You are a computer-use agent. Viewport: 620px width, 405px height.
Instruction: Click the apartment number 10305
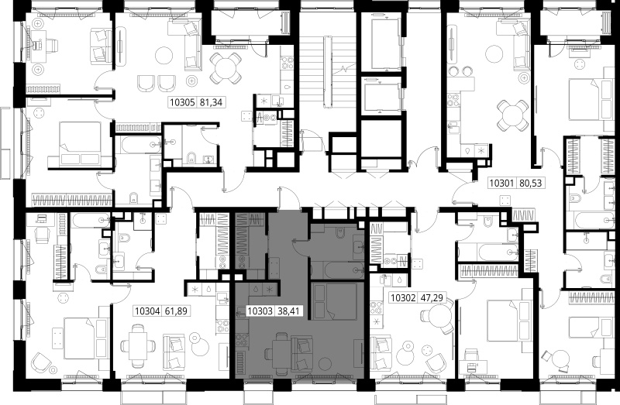182,103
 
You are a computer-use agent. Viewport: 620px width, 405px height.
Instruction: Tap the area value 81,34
211,103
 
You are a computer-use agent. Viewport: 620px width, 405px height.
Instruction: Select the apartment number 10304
147,311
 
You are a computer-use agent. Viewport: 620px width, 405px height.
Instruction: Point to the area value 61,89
176,311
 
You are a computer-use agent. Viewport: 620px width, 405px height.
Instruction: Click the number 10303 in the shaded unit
260,311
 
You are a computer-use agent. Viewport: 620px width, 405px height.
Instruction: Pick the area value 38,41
288,311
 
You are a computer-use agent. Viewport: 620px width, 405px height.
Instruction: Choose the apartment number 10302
403,297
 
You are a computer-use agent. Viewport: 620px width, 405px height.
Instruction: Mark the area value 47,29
432,297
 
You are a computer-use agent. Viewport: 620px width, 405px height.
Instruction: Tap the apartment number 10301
501,184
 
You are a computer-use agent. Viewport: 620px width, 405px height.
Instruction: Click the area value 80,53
530,184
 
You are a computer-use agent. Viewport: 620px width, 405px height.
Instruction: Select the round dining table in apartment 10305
225,68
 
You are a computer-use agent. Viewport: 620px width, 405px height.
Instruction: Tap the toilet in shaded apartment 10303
340,235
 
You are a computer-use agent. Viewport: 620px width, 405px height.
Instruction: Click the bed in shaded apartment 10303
335,301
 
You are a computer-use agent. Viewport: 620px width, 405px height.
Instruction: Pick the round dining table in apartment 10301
512,115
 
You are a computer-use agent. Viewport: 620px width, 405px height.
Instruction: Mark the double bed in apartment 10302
508,321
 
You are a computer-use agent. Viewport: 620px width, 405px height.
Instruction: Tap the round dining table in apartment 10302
439,319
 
